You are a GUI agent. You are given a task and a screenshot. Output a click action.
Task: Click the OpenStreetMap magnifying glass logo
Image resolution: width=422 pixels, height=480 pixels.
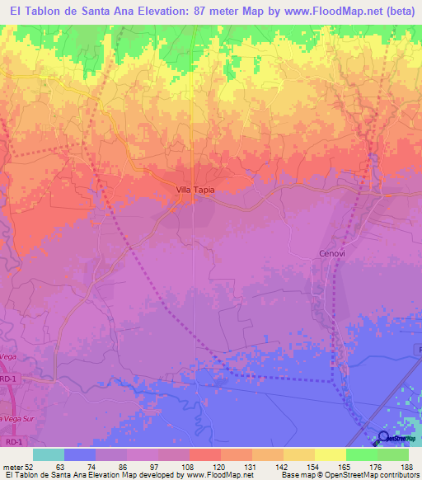coord(384,436)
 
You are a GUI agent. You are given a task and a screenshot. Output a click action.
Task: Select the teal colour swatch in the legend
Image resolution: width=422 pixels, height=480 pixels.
coord(49,454)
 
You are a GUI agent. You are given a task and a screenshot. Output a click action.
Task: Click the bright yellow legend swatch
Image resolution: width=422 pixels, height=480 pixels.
coord(330,454)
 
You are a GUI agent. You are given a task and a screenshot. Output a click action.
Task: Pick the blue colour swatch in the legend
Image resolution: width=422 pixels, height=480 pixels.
coord(80,454)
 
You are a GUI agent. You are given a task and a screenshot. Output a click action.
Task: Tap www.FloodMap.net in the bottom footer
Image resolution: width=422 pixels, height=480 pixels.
coord(218,476)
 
